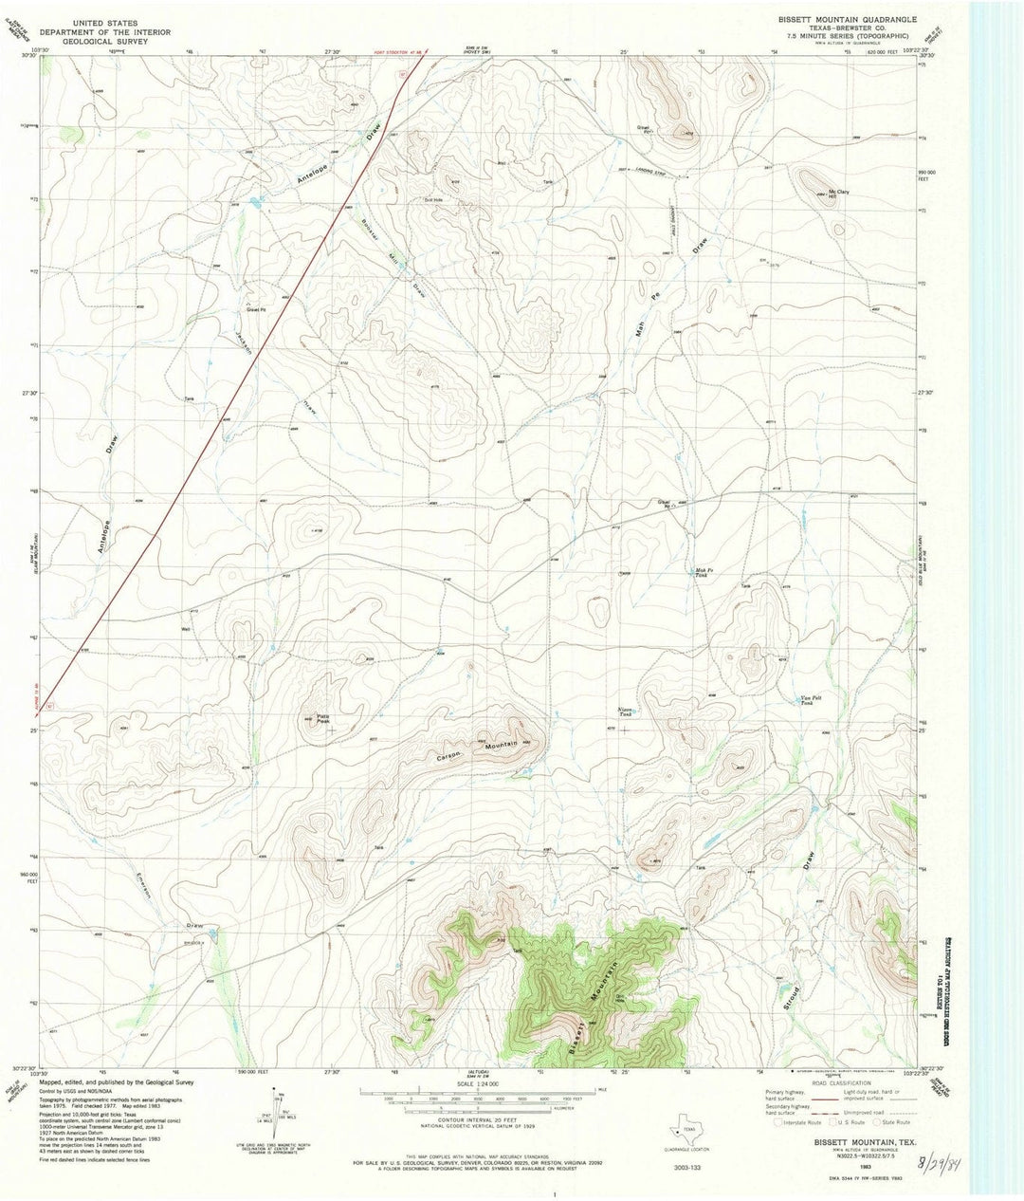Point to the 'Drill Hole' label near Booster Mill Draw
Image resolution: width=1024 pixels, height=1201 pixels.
(x=433, y=199)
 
